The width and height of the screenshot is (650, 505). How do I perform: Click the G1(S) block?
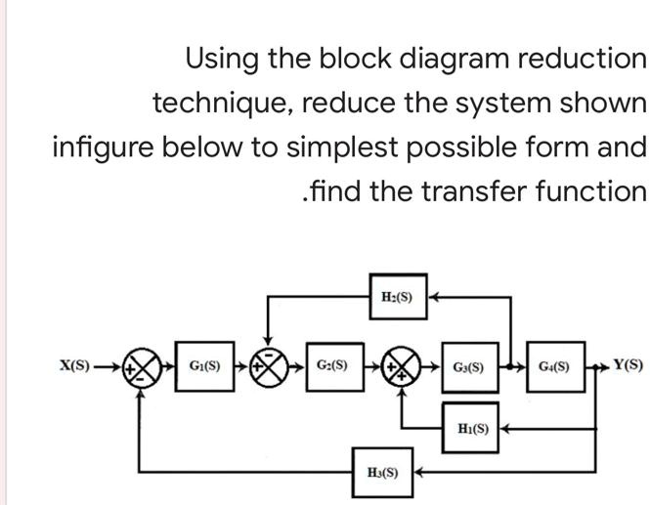pos(205,368)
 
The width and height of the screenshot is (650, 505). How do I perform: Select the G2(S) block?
pos(333,368)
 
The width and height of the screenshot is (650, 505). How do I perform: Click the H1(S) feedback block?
pos(473,427)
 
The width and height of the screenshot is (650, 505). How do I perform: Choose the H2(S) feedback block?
pos(397,298)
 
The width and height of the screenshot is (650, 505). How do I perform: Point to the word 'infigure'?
pos(103,147)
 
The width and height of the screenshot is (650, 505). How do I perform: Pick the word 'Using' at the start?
pos(222,60)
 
